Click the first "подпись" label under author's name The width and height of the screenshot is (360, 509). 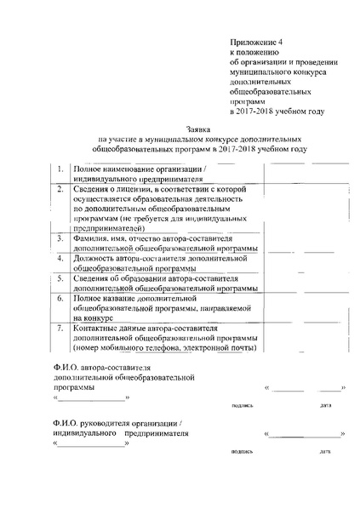coord(243,405)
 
